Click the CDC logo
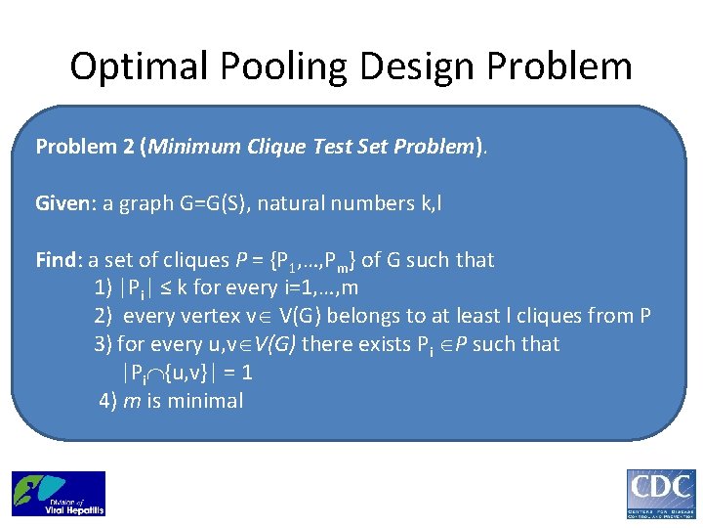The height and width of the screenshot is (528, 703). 660,494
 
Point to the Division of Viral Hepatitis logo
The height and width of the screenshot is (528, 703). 58,493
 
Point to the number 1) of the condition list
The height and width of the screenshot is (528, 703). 103,287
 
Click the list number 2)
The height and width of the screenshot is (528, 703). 103,316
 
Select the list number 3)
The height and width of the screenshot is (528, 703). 103,344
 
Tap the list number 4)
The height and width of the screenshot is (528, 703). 108,401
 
